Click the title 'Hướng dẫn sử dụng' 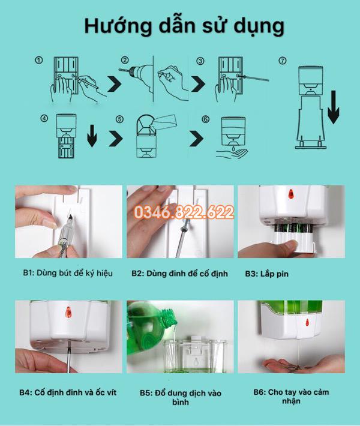(x=184, y=26)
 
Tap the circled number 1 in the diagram (x=39, y=60)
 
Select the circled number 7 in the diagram (x=283, y=61)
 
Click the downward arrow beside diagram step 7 (x=334, y=107)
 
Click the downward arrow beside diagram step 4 (x=92, y=136)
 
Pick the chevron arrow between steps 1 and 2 (x=115, y=84)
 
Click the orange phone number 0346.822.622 (x=184, y=212)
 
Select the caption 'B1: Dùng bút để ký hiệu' (x=68, y=273)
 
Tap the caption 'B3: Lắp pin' (x=266, y=274)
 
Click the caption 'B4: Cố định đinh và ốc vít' (x=68, y=392)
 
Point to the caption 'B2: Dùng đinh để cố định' (x=179, y=274)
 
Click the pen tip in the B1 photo (x=70, y=217)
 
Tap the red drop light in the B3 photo (x=291, y=194)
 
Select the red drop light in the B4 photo (x=68, y=312)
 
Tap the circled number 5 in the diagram (x=119, y=119)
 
